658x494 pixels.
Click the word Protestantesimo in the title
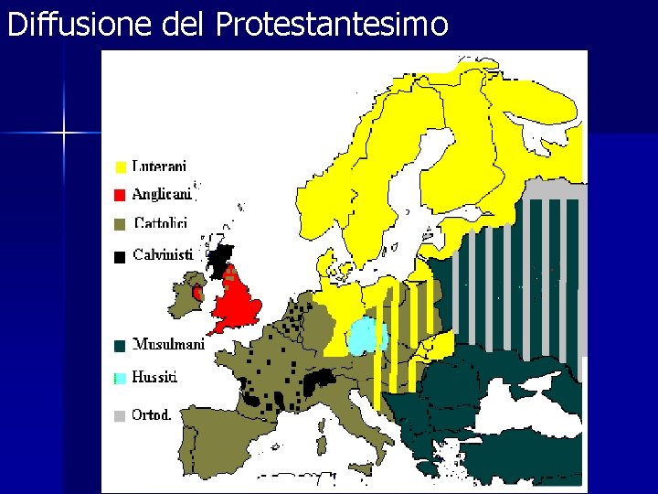click(x=333, y=24)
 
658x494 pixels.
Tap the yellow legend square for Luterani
click(x=120, y=167)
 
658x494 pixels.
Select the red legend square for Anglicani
click(x=120, y=195)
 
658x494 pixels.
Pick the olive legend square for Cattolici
click(x=120, y=223)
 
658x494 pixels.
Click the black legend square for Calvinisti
click(x=120, y=257)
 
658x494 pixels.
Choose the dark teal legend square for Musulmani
click(x=120, y=346)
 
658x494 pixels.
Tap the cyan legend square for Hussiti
click(x=120, y=378)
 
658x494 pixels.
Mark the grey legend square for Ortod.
click(x=120, y=415)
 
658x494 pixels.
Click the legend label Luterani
click(x=160, y=166)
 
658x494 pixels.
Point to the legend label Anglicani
click(x=162, y=194)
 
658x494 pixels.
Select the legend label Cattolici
click(x=161, y=222)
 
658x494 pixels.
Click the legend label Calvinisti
click(x=164, y=255)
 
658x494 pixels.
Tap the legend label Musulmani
click(x=167, y=345)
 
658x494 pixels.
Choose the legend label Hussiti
click(x=155, y=377)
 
